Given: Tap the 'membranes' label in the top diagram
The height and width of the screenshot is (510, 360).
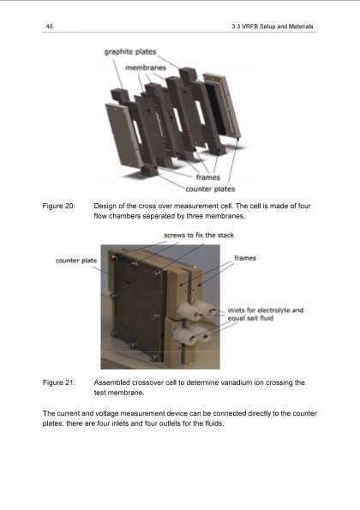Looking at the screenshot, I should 145,66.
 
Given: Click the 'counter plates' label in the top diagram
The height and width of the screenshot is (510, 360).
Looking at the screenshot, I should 211,189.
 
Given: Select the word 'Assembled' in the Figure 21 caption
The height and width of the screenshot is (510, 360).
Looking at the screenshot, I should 114,381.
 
